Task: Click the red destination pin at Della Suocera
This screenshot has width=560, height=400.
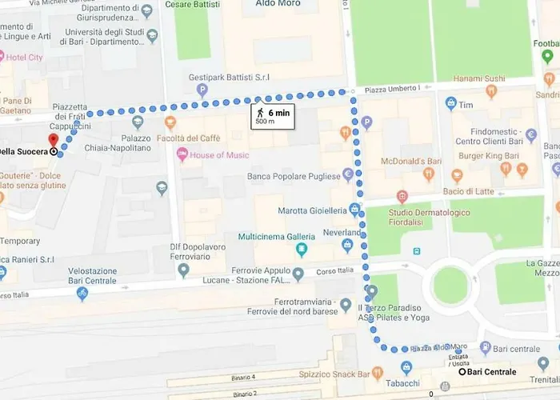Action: coord(54,141)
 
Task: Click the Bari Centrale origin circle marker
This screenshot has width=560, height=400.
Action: coord(462,371)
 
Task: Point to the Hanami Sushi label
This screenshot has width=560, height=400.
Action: coord(479,78)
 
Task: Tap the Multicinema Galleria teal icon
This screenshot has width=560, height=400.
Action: coord(302,250)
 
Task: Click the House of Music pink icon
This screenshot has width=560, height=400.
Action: coord(182,154)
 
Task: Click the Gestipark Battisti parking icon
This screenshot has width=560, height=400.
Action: coord(202,90)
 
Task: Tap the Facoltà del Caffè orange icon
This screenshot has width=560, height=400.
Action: coord(170,123)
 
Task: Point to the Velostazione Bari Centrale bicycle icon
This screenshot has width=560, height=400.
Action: coord(82,294)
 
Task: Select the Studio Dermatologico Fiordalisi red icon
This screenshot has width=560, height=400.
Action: coord(402,196)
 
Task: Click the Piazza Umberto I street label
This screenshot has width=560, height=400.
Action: coord(394,87)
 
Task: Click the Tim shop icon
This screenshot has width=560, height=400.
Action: coord(451,104)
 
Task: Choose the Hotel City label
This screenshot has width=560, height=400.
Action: coord(25,58)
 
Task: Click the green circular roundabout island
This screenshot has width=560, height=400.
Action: coord(450,283)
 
